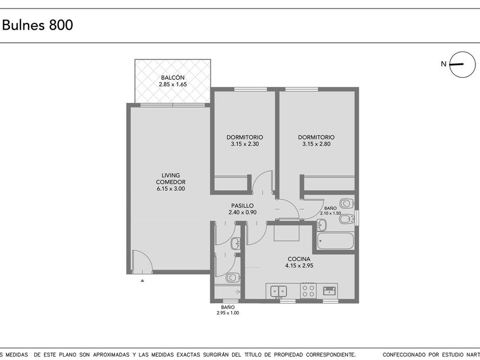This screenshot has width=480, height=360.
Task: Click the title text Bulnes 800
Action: coord(37,25)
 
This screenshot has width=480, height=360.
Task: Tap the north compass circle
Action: coord(462,52)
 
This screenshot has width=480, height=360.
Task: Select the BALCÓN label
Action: coord(173,78)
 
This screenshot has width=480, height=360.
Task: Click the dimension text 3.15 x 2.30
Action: coord(245,144)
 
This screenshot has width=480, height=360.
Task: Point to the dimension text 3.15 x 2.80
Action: coord(316,144)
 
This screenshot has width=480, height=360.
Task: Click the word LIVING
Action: coord(171,175)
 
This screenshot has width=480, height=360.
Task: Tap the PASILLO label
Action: coord(242,206)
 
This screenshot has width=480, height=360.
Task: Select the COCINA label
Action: coord(299,259)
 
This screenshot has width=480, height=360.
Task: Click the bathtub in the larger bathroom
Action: coord(335,241)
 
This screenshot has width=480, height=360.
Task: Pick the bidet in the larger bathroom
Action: coord(347,218)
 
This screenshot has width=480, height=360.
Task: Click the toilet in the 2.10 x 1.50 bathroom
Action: coord(347,203)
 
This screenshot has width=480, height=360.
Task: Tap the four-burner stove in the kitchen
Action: coord(308,291)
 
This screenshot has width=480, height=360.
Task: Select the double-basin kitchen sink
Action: coord(279,291)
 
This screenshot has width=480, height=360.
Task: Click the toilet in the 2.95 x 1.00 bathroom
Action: coord(233,278)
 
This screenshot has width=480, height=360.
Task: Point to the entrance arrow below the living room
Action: coord(142,280)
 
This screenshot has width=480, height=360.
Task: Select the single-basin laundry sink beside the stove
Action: coord(330,290)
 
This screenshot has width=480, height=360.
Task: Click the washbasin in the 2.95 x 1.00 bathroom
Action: coord(235,243)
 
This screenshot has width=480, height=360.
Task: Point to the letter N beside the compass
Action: coord(443,64)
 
